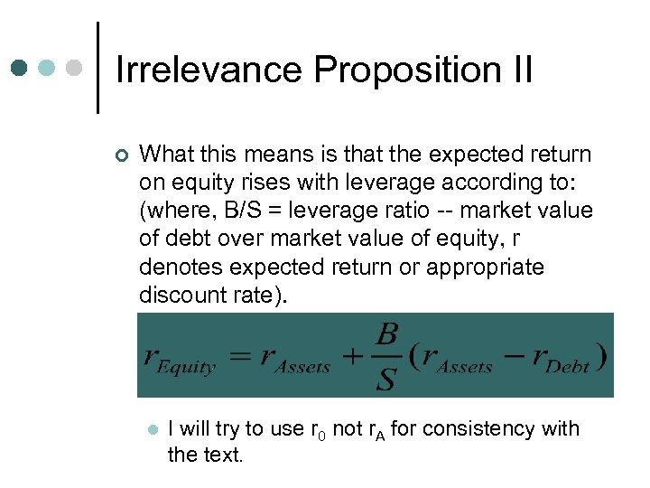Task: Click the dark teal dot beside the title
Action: (x=20, y=68)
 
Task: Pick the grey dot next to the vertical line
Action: (x=76, y=68)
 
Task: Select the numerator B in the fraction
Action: (x=385, y=335)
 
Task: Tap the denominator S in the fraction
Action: (x=385, y=379)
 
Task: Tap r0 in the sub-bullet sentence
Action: (x=315, y=429)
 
